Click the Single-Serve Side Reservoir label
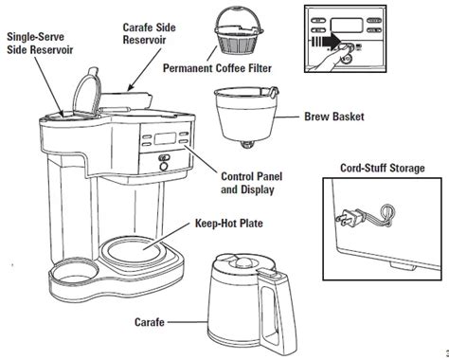[40, 44]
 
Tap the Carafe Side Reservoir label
[149, 33]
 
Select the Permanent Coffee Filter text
[217, 68]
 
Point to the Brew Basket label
[334, 117]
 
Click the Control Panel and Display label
[252, 183]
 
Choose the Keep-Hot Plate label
[229, 224]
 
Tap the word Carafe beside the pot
[150, 322]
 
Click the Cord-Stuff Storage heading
[383, 168]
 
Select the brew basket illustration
[245, 117]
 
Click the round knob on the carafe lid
[242, 261]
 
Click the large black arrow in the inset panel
[326, 42]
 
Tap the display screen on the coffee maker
[165, 138]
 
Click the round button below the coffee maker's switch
[164, 167]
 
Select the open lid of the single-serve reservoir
[86, 93]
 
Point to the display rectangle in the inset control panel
[347, 25]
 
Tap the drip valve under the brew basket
[247, 144]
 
